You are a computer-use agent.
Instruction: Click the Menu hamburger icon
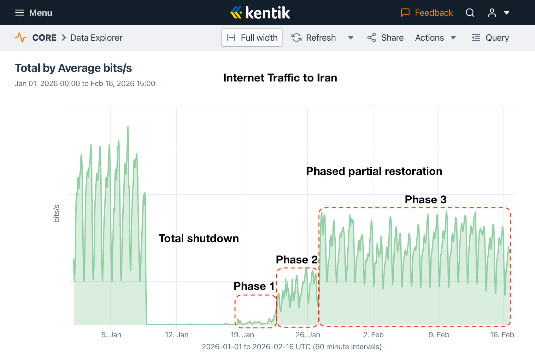point(20,13)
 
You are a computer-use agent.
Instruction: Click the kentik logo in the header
point(261,13)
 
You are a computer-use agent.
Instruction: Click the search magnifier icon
point(470,13)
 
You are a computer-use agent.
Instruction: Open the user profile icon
point(492,13)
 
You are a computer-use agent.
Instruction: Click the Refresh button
point(314,38)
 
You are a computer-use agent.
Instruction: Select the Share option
point(385,38)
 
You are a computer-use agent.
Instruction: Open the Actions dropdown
point(435,38)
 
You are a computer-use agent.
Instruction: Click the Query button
point(491,38)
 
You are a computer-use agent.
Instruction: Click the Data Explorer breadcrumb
point(96,38)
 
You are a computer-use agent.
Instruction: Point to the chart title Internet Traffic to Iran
point(280,78)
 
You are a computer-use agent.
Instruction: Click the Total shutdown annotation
point(199,238)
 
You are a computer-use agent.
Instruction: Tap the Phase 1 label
point(254,286)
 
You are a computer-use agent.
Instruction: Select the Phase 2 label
point(297,260)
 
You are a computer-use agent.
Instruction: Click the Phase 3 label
point(426,200)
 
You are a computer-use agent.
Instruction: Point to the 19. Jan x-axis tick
point(242,335)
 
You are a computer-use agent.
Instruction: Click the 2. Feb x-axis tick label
point(373,335)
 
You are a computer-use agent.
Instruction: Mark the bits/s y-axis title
point(56,214)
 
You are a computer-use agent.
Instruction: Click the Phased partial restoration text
point(374,171)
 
